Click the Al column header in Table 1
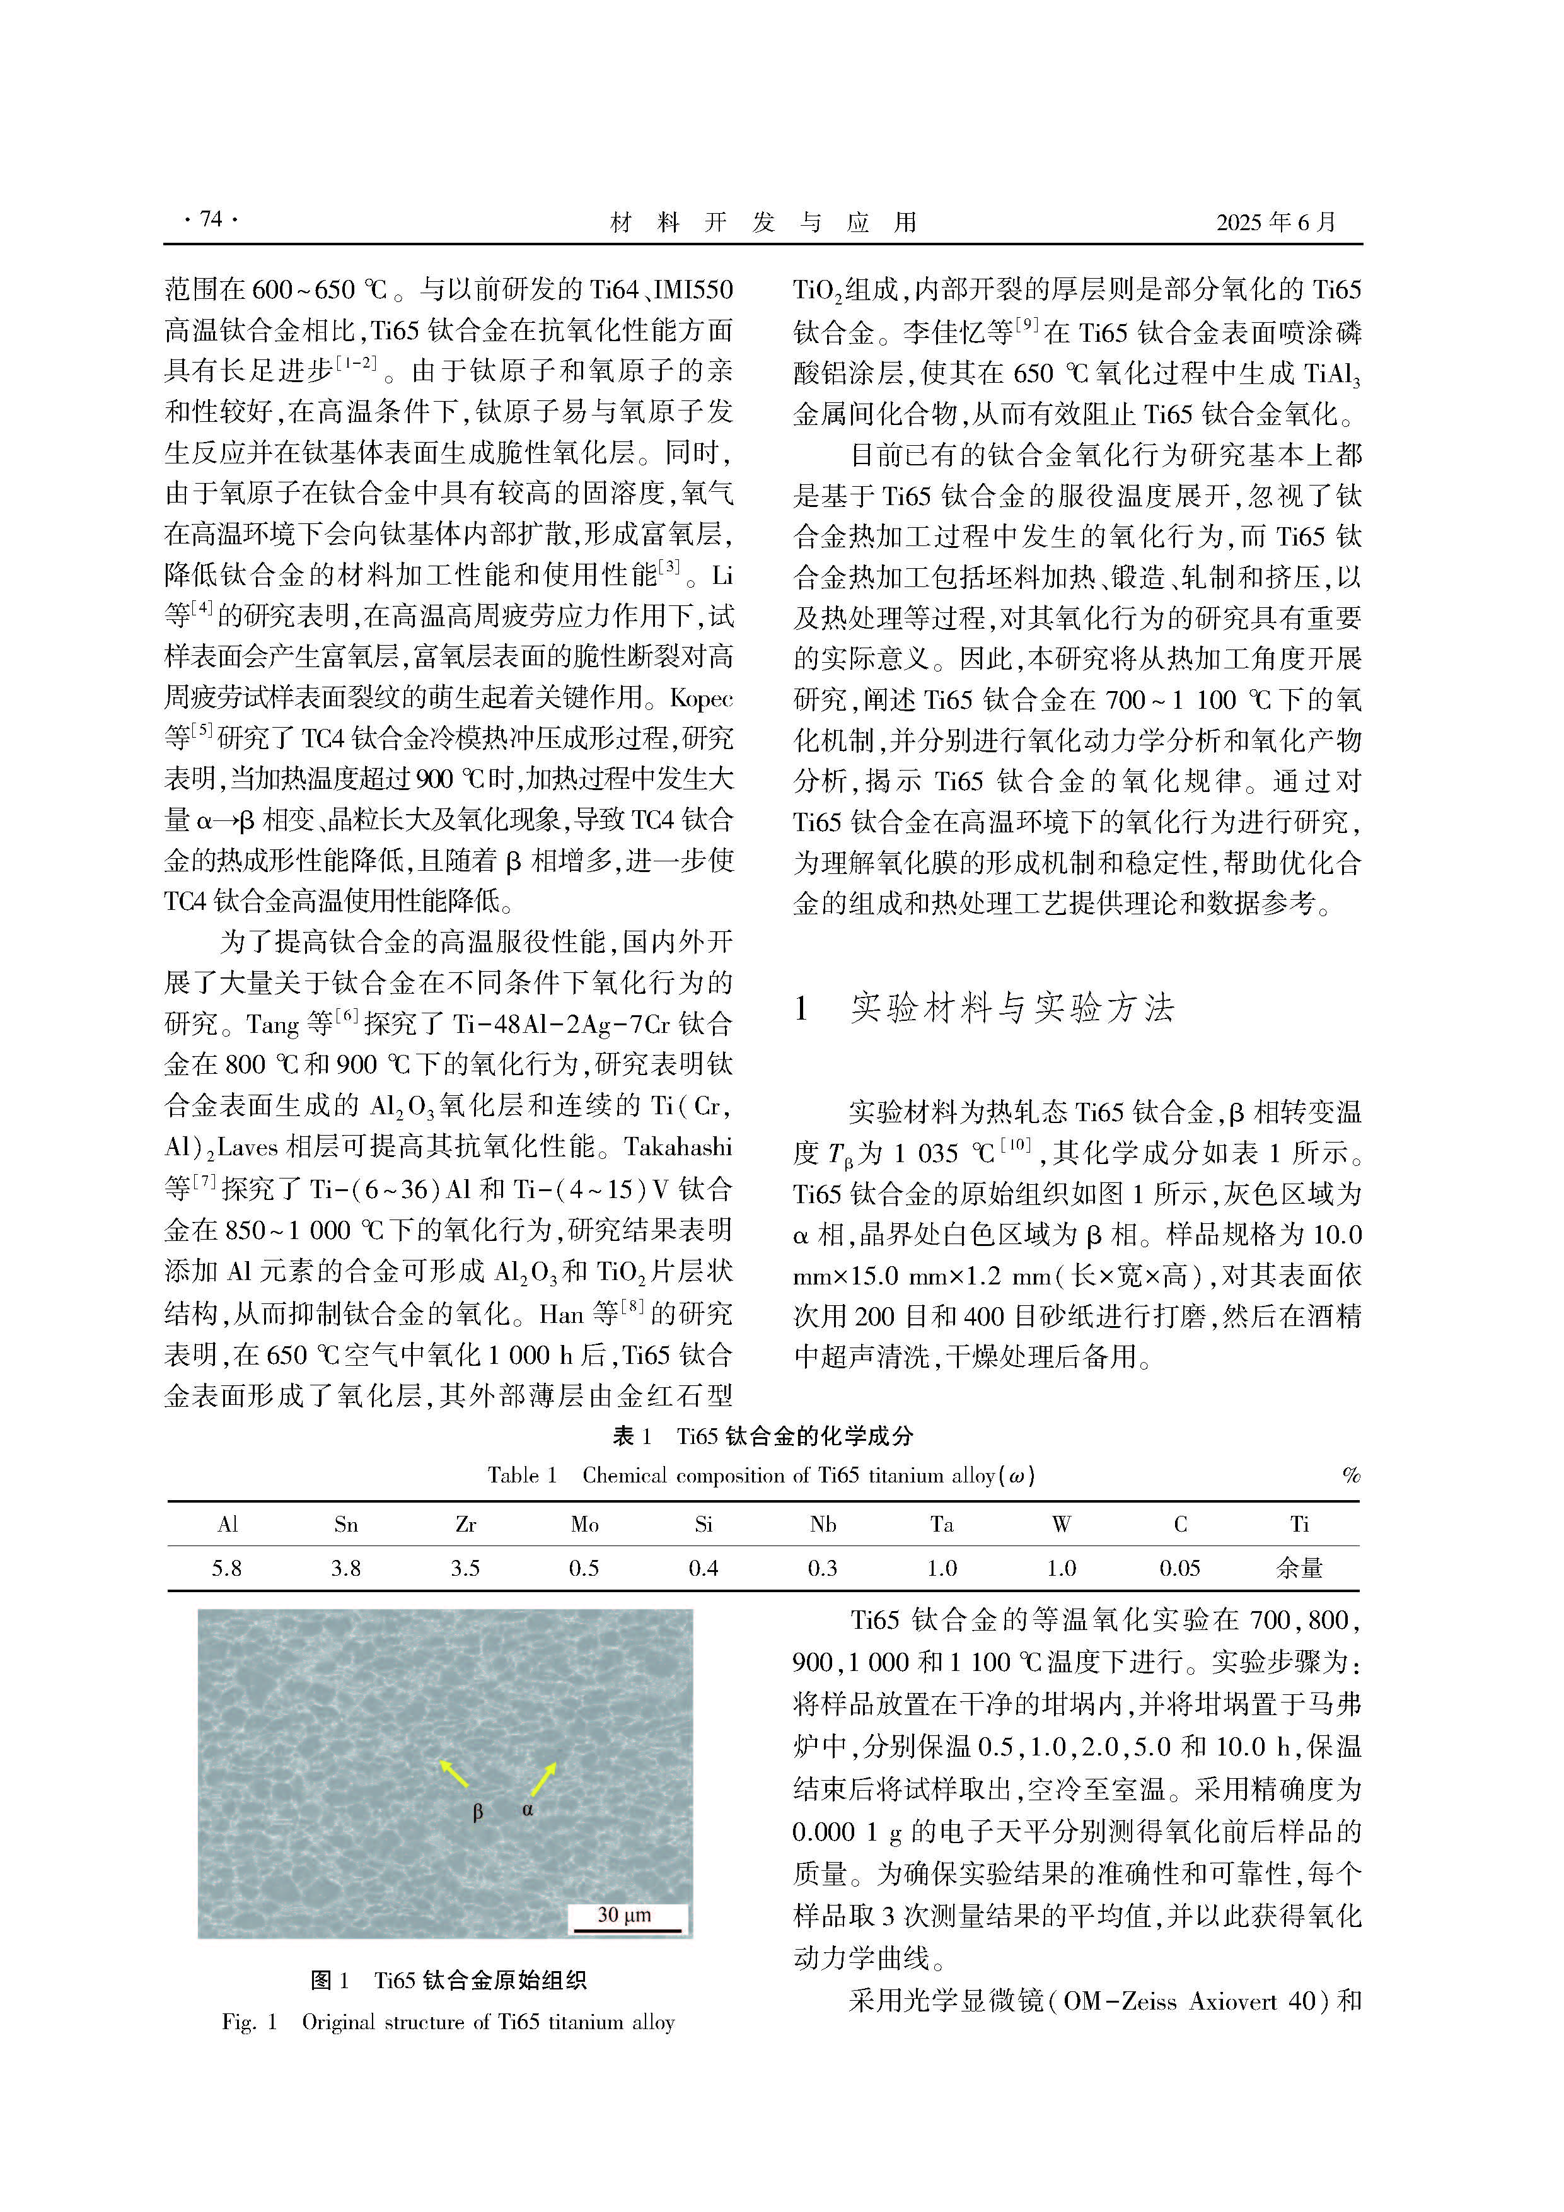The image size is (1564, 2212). point(228,1524)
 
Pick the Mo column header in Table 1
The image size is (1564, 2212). point(584,1524)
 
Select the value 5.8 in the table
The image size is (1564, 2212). point(228,1568)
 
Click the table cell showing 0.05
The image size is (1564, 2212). point(1179,1568)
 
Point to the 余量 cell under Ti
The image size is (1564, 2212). point(1299,1568)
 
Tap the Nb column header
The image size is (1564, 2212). point(823,1524)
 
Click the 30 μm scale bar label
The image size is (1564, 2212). point(624,1914)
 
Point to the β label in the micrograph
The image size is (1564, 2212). point(478,1812)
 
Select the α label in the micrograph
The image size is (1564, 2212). point(528,1809)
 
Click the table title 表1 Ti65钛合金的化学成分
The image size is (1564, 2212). point(763,1436)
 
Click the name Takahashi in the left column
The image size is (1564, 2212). point(678,1148)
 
